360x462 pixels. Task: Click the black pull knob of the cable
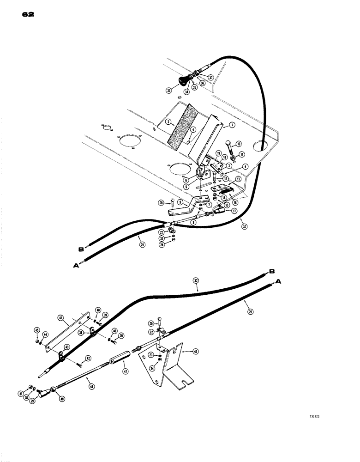click(x=186, y=82)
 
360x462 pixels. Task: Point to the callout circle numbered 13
click(x=239, y=179)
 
